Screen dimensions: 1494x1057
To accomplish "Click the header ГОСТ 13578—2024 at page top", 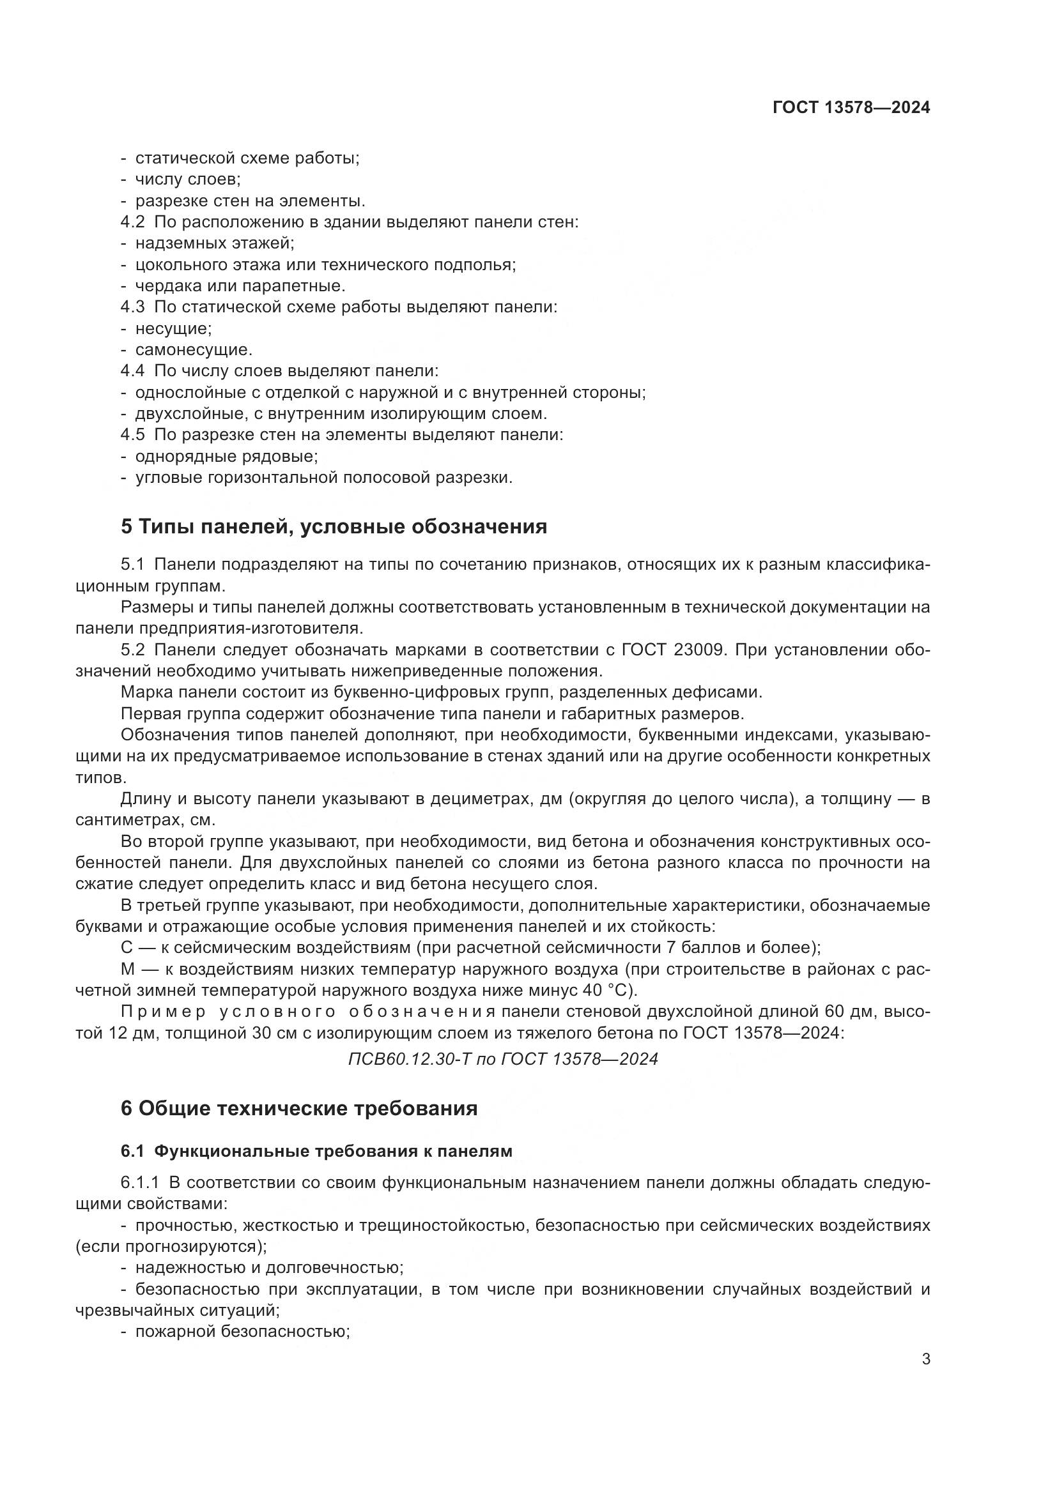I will pos(851,108).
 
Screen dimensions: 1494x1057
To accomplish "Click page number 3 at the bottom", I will pos(925,1359).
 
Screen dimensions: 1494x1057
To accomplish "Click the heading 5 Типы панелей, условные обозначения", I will pos(334,526).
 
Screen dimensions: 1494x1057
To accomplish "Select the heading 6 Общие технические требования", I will pos(298,1108).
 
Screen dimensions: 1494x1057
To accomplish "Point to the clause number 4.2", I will pos(133,222).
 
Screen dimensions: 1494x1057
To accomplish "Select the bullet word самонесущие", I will pos(193,350).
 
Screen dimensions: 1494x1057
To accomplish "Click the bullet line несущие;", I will pos(173,328).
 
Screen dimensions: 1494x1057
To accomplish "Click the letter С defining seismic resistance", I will pos(127,947).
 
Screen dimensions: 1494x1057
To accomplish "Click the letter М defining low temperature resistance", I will pos(128,969).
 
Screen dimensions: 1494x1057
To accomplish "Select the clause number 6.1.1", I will pos(139,1182).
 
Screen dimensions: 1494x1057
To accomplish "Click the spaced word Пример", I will pos(164,1012).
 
